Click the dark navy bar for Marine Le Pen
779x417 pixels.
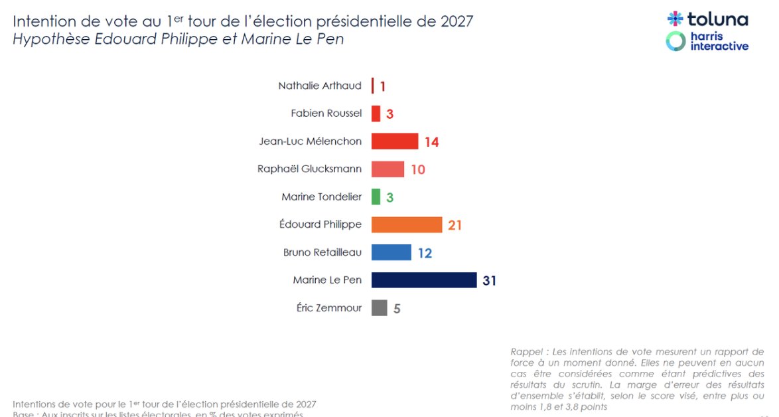pyautogui.click(x=423, y=280)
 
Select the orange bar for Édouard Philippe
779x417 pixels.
pyautogui.click(x=406, y=225)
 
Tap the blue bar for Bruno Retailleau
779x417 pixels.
pyautogui.click(x=391, y=253)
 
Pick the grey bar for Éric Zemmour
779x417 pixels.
pyautogui.click(x=379, y=308)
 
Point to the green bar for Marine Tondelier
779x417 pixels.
pyautogui.click(x=376, y=197)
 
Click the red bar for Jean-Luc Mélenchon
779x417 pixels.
pyautogui.click(x=394, y=141)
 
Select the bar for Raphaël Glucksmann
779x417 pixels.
pyautogui.click(x=388, y=169)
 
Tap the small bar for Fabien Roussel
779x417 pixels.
pyautogui.click(x=376, y=114)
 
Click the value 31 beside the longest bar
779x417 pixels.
pyautogui.click(x=489, y=281)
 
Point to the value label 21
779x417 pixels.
pyautogui.click(x=455, y=226)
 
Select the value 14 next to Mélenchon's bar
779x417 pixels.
pyautogui.click(x=431, y=142)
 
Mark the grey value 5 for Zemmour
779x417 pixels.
pyautogui.click(x=397, y=309)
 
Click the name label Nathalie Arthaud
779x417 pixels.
pyautogui.click(x=320, y=86)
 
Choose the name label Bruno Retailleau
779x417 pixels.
pyautogui.click(x=322, y=253)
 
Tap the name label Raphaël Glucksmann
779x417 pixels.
pyautogui.click(x=309, y=169)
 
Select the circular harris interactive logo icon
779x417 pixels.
pyautogui.click(x=675, y=41)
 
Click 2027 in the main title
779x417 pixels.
pyautogui.click(x=457, y=21)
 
